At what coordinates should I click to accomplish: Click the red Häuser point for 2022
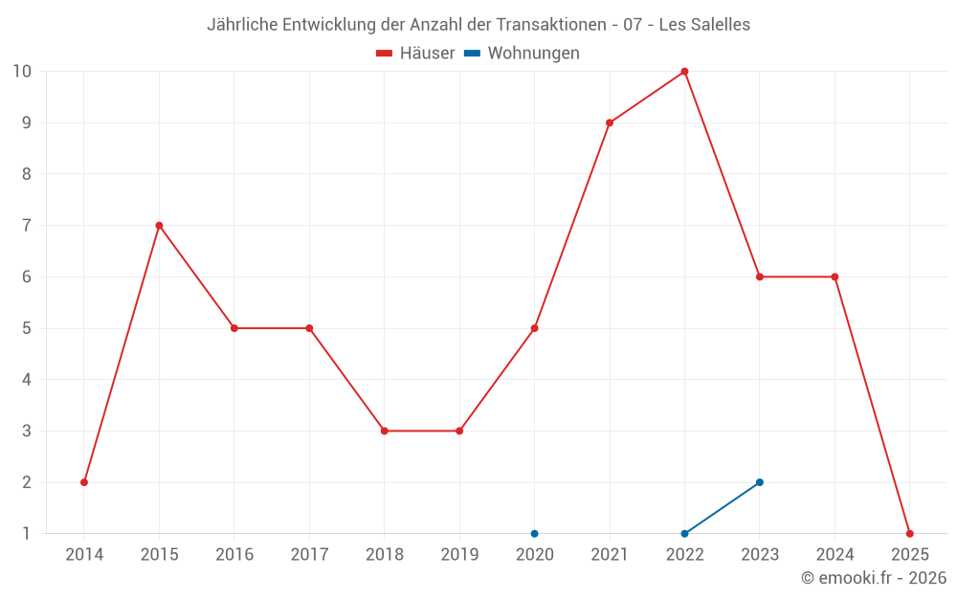(684, 72)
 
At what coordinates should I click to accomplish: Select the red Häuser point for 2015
(159, 226)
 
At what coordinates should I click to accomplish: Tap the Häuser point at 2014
(84, 482)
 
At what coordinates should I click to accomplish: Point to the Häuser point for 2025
(909, 534)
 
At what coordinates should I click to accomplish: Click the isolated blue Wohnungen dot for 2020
(534, 534)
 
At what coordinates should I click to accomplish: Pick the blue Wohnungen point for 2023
(760, 482)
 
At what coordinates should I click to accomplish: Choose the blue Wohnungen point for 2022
(684, 534)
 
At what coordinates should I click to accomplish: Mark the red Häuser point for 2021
(610, 122)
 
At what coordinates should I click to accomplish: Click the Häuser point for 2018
(384, 431)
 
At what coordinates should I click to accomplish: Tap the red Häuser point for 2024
(835, 277)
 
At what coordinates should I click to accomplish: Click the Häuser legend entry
(415, 54)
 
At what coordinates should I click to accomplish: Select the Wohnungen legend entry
(522, 54)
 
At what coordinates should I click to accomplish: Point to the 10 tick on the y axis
(22, 72)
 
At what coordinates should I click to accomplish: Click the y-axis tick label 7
(27, 226)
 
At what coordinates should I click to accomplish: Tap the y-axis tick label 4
(27, 380)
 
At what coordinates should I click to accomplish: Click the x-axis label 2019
(459, 555)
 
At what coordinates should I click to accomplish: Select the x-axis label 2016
(234, 555)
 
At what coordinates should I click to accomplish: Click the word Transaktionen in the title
(551, 25)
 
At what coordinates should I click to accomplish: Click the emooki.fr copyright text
(874, 578)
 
